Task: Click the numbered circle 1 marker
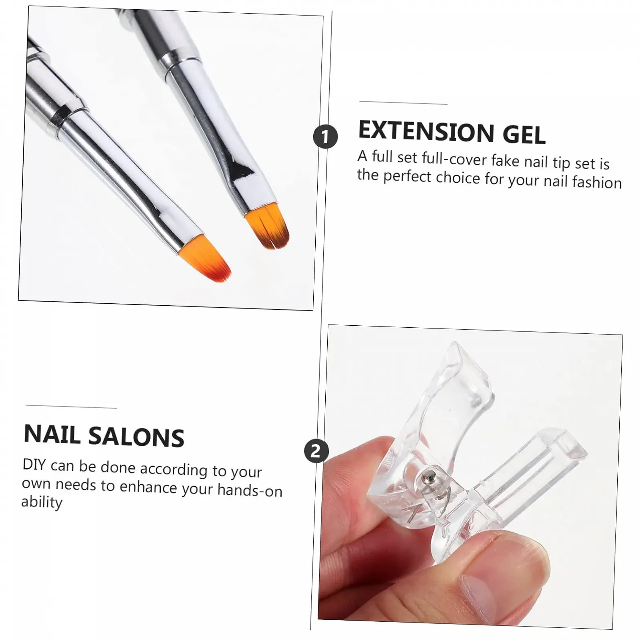click(325, 137)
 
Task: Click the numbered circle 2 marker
click(316, 452)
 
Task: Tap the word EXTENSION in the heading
click(426, 131)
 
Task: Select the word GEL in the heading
click(524, 134)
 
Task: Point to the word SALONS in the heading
click(136, 436)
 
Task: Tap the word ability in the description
click(42, 502)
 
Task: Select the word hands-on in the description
click(250, 490)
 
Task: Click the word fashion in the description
click(597, 182)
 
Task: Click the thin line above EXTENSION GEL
click(403, 103)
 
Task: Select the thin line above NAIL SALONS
click(71, 407)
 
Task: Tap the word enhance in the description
click(148, 487)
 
